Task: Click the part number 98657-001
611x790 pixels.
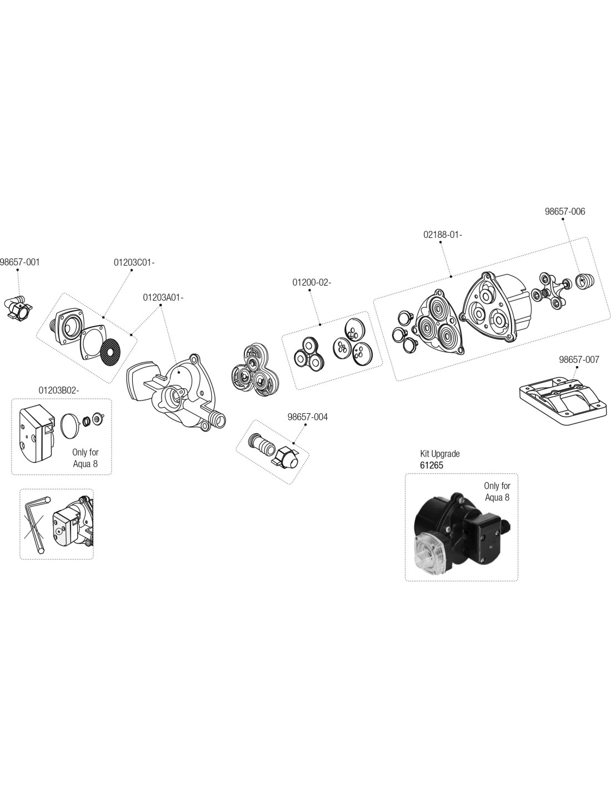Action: tap(20, 262)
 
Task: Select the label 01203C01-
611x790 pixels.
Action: tap(133, 262)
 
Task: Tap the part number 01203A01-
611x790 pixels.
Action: tap(163, 297)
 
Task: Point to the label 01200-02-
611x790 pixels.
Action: tap(312, 282)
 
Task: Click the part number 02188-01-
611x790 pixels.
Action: tap(443, 234)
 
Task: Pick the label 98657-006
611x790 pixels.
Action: tap(565, 211)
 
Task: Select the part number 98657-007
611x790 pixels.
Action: tap(579, 359)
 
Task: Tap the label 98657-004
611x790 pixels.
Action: tap(308, 417)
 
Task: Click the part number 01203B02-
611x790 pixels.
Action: tap(59, 390)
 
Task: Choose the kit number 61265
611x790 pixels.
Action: tap(432, 465)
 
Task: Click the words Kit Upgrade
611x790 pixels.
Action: tap(440, 453)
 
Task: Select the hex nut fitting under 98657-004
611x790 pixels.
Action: tap(287, 457)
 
